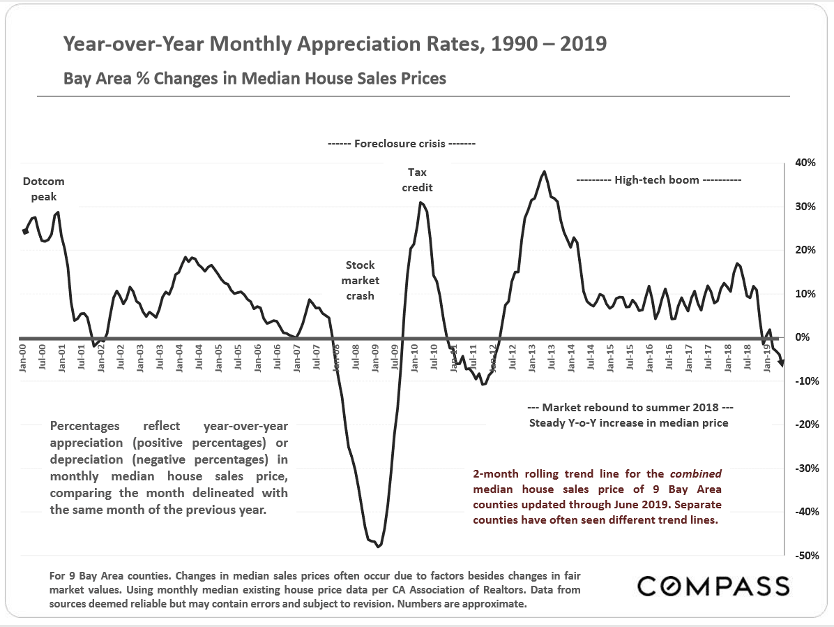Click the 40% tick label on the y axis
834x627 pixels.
807,163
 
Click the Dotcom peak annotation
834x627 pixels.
43,189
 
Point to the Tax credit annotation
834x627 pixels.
417,179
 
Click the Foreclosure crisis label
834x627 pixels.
401,145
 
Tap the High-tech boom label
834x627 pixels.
659,179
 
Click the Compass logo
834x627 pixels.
713,585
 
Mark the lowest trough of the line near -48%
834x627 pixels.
378,546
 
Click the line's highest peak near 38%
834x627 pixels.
544,171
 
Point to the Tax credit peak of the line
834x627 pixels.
420,202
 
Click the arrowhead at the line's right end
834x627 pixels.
782,363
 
